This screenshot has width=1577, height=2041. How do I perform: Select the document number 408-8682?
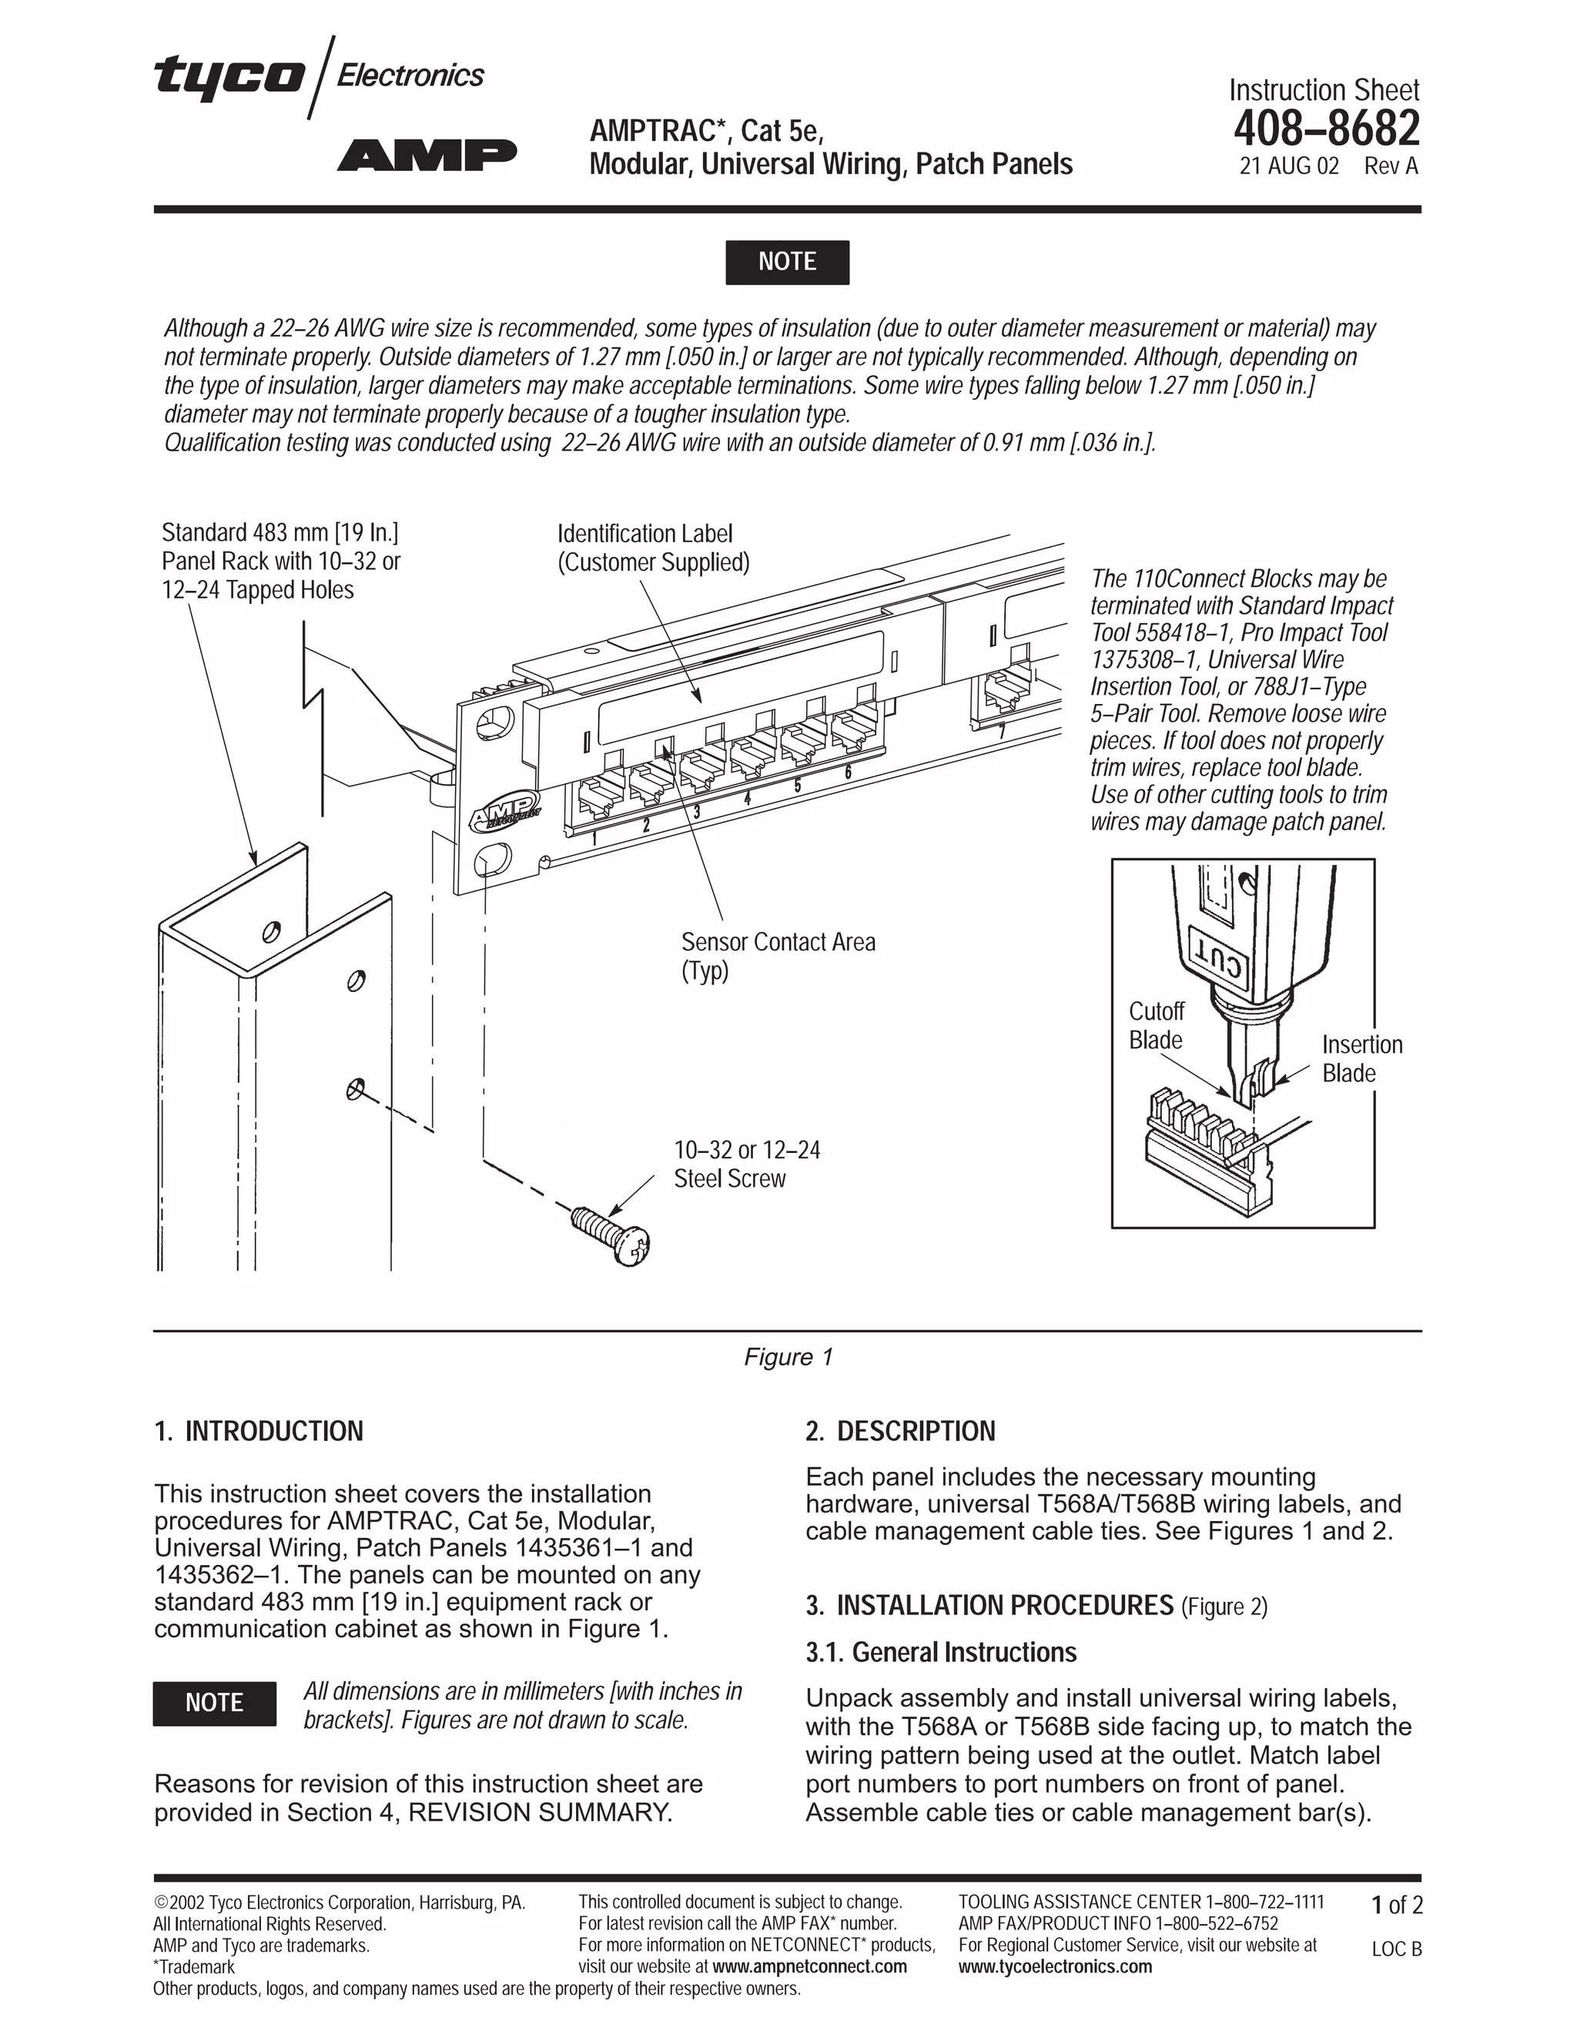(1326, 129)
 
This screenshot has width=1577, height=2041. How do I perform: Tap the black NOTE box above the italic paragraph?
(787, 262)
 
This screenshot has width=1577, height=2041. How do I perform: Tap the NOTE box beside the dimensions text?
(214, 1703)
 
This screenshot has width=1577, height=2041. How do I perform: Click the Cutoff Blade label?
(1156, 1025)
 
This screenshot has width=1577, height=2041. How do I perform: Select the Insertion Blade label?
(1361, 1058)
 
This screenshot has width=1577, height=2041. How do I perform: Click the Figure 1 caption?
(788, 1357)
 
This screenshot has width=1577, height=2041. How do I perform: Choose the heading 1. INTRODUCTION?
(259, 1431)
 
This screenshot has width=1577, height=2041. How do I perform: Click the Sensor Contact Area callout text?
(777, 955)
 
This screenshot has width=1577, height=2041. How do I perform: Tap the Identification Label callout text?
(653, 548)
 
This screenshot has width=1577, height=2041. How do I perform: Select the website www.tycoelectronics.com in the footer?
(1055, 1966)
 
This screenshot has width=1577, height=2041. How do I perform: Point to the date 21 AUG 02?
(1288, 167)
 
